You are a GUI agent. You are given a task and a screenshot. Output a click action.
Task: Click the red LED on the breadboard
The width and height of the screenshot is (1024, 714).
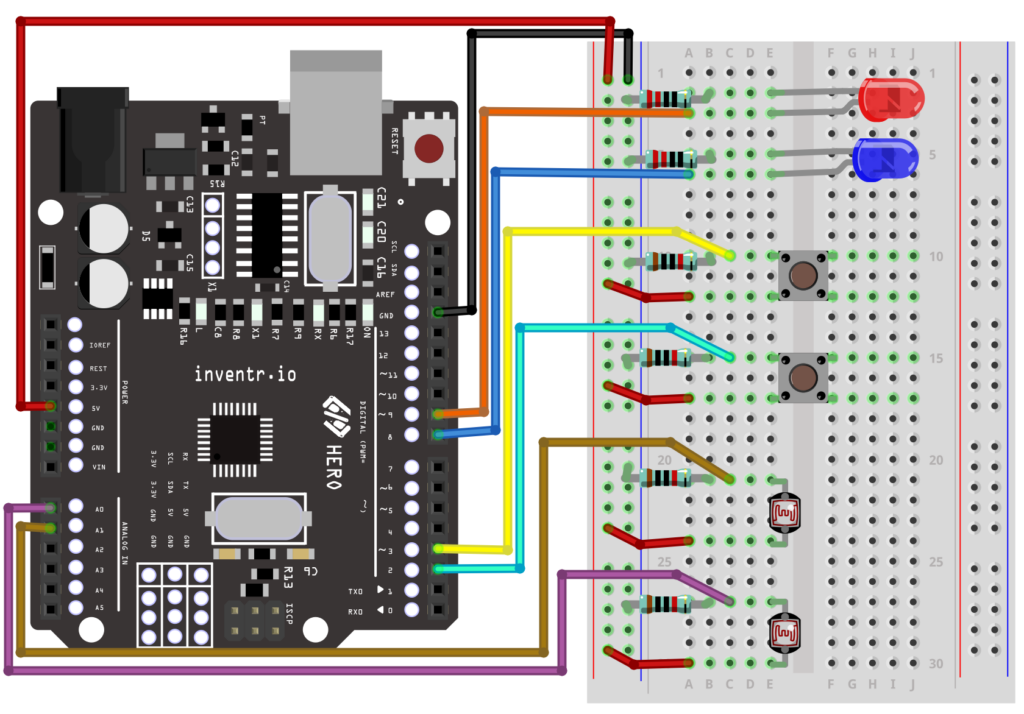(892, 101)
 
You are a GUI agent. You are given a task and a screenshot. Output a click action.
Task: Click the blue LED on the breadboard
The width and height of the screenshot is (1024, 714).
(886, 159)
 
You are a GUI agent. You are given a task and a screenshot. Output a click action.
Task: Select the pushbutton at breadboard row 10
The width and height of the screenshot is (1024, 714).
(801, 275)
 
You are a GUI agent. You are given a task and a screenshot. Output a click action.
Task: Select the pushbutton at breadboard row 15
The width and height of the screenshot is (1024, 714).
(801, 377)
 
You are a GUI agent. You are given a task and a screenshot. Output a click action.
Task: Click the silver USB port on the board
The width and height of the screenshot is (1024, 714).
(336, 90)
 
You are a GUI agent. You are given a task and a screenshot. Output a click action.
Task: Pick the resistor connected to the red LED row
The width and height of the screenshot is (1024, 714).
(666, 98)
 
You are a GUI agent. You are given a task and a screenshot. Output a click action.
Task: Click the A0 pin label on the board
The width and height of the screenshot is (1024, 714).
(98, 509)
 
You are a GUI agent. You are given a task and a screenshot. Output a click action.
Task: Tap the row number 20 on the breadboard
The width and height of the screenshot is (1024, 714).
(664, 460)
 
